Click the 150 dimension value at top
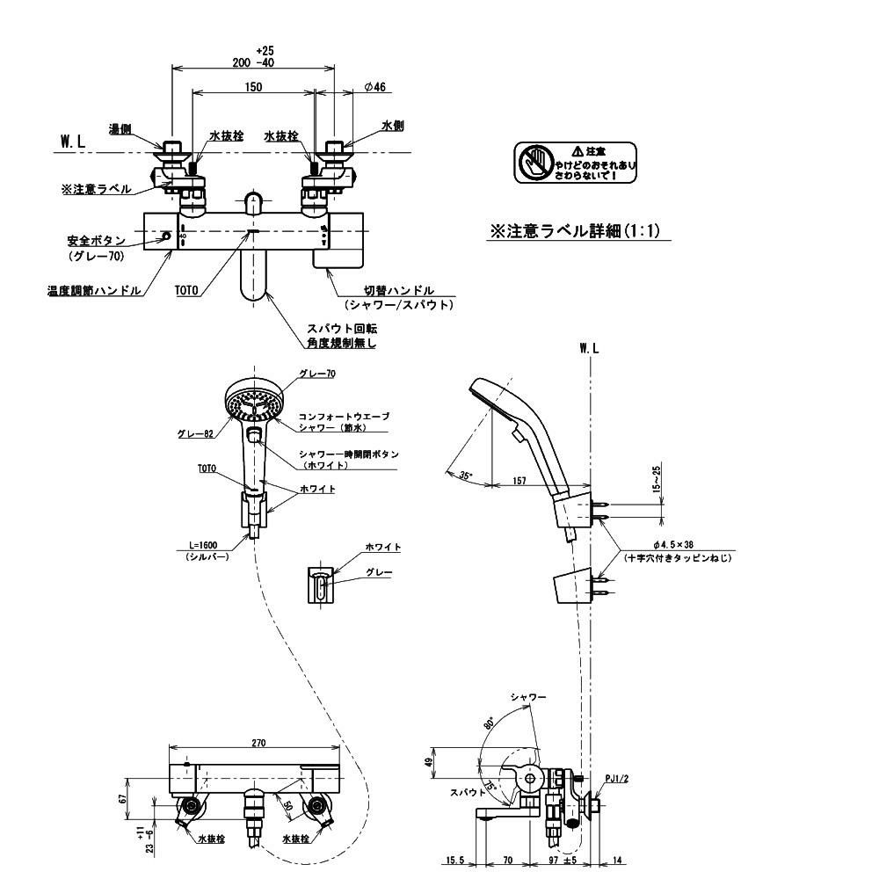(x=253, y=86)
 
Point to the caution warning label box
(x=576, y=163)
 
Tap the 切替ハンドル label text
(x=399, y=290)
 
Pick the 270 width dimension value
(x=258, y=743)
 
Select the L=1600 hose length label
(x=204, y=545)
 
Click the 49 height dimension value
(x=429, y=762)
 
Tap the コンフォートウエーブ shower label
(x=343, y=416)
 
